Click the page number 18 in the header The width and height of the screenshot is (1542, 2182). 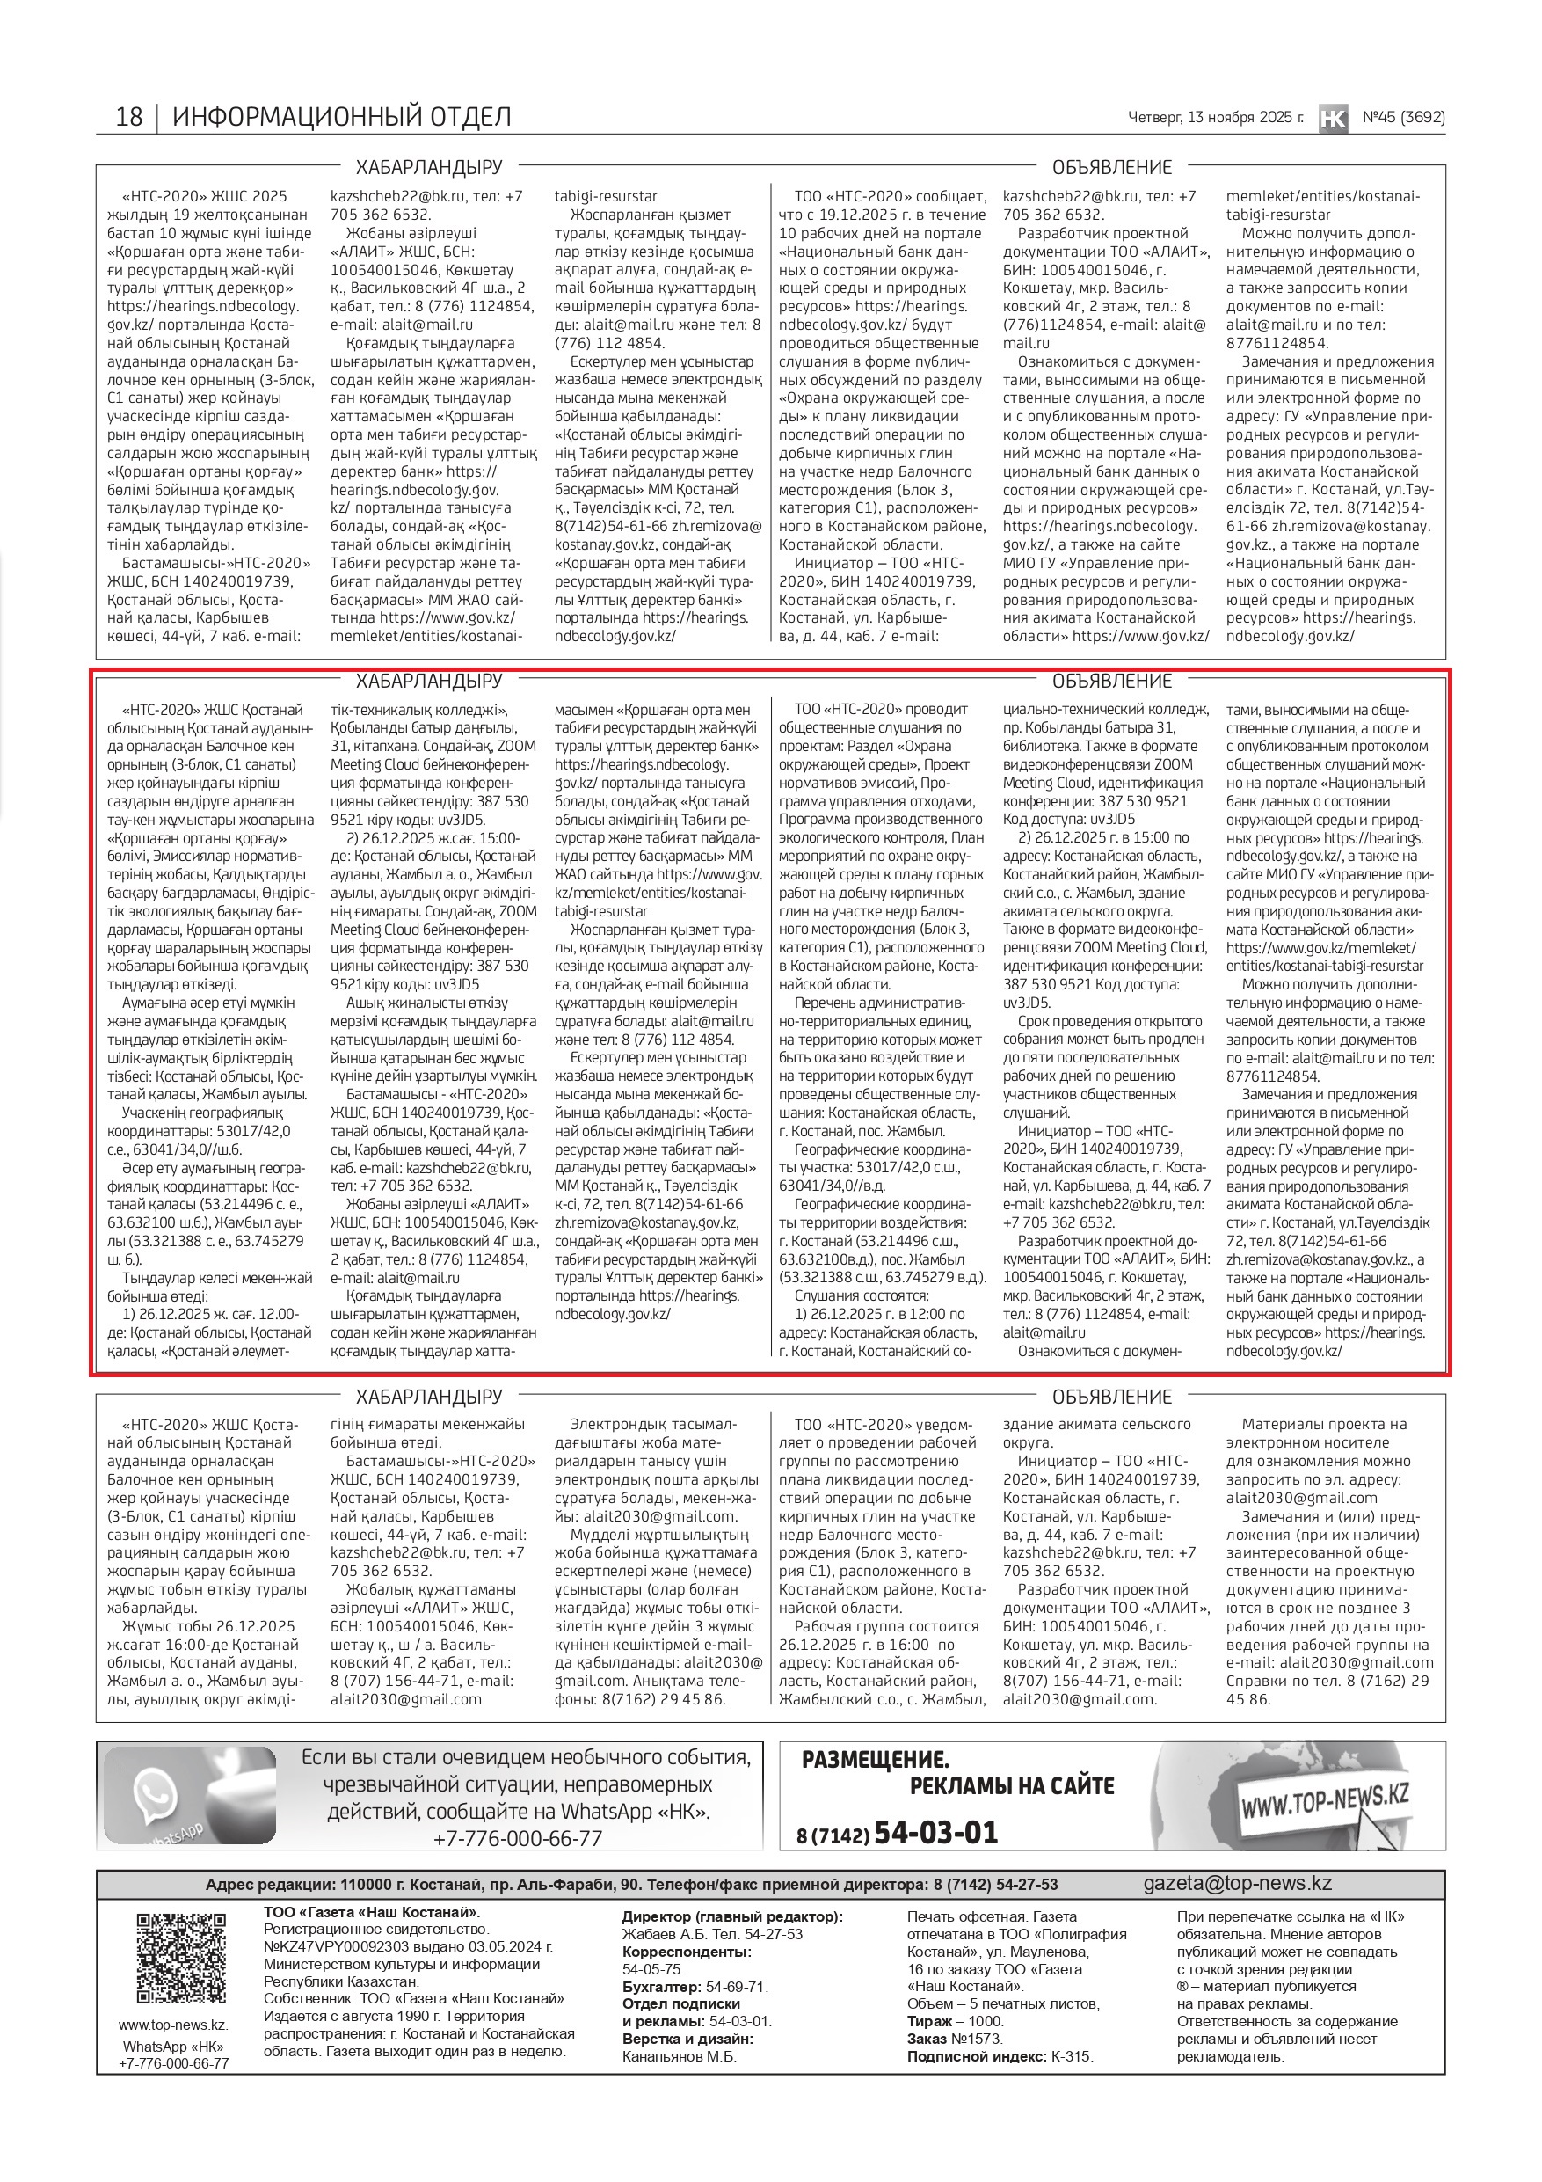(x=128, y=117)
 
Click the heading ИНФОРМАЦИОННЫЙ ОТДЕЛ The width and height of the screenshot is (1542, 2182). (x=341, y=117)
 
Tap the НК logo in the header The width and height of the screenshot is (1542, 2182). (x=1333, y=118)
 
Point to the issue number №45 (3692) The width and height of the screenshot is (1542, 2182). (x=1403, y=118)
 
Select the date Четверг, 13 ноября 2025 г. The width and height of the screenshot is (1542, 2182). (x=1215, y=118)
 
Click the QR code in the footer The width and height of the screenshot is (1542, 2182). (x=181, y=1958)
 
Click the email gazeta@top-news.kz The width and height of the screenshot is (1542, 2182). (x=1237, y=1883)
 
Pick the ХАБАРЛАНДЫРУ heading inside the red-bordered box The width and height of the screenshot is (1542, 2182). (x=428, y=682)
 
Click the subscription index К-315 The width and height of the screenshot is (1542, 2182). (x=1071, y=2056)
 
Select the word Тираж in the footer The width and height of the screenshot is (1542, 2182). (x=929, y=2021)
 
